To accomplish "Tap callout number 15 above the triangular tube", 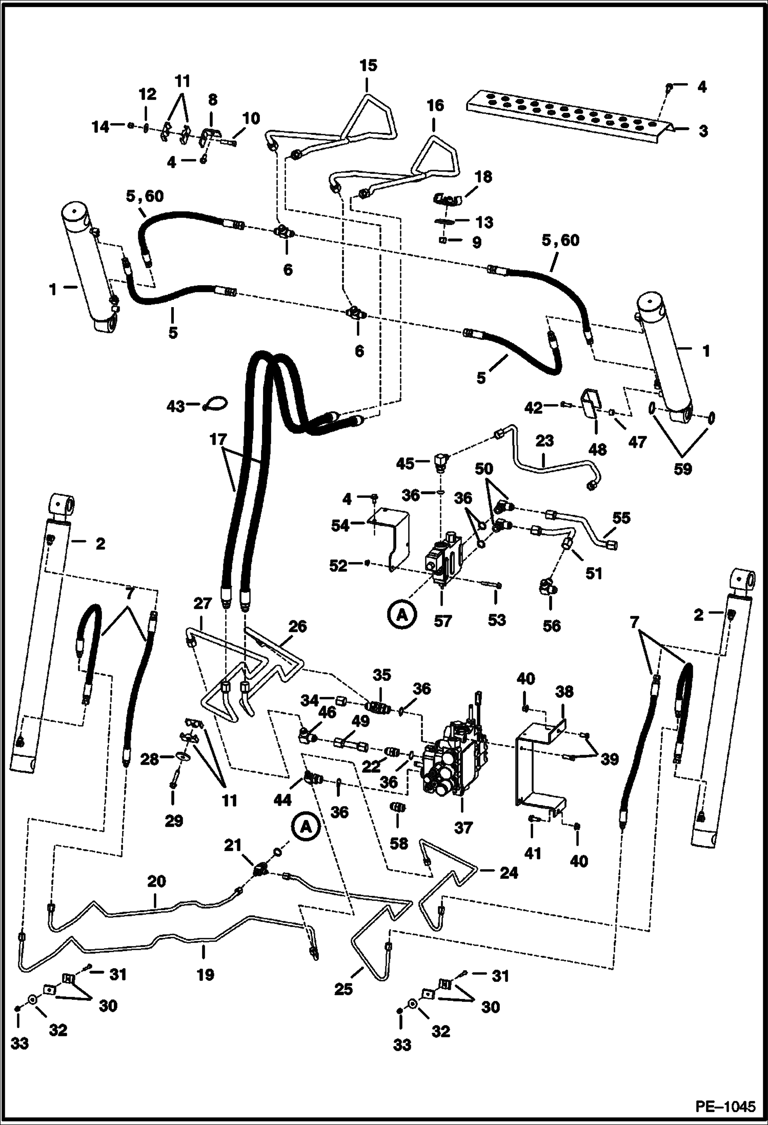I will click(x=368, y=66).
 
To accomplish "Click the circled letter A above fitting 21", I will click(x=306, y=827).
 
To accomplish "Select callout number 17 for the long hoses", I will click(x=218, y=439).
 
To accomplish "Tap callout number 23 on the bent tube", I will click(x=544, y=441).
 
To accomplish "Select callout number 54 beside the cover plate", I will click(x=340, y=526).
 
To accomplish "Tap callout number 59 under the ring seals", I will click(x=682, y=469).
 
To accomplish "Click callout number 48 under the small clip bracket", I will click(x=597, y=450).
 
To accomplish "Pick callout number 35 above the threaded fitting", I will click(x=381, y=674).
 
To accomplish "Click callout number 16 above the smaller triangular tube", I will click(x=435, y=106).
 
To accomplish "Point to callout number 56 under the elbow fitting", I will click(x=552, y=626).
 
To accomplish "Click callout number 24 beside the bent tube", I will click(x=509, y=872).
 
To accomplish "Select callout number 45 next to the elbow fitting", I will click(x=405, y=464).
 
